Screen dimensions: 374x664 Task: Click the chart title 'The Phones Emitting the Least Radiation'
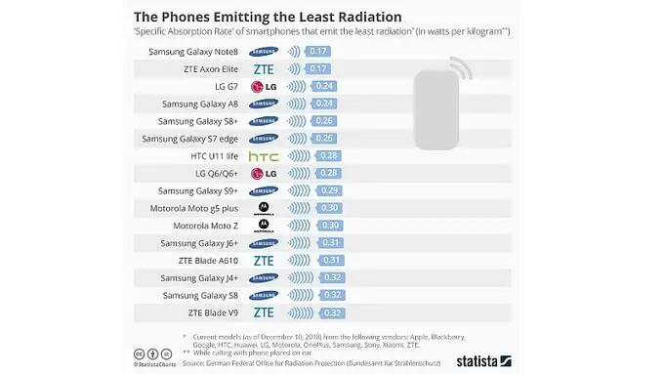[x=267, y=17]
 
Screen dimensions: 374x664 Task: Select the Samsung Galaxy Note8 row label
[x=193, y=51]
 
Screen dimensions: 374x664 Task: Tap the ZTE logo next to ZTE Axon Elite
[x=264, y=69]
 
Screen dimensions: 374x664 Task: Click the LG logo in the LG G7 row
[x=264, y=87]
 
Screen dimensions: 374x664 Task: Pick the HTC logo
[x=264, y=156]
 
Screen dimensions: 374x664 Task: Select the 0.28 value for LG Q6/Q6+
[x=327, y=174]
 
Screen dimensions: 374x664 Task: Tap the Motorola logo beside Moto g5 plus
[x=264, y=208]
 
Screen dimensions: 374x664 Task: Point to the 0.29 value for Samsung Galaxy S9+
[x=328, y=190]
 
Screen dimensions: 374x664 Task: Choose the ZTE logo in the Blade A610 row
[x=264, y=261]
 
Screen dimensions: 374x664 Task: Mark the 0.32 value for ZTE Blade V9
[x=331, y=312]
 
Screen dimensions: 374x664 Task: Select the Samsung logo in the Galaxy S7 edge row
[x=264, y=139]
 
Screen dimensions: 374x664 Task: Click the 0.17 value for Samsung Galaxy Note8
[x=318, y=51]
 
